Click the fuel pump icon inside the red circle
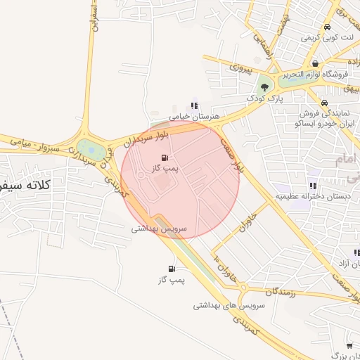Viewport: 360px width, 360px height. (x=165, y=157)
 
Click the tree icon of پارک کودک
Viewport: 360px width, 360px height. (x=264, y=88)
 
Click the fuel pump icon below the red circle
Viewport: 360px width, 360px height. (x=172, y=269)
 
